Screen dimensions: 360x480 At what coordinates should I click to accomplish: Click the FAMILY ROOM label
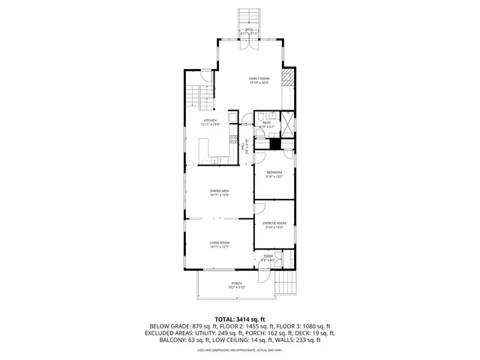[x=259, y=78]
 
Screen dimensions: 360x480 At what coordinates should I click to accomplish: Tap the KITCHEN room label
[x=211, y=121]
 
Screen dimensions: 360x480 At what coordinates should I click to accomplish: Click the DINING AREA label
[x=219, y=191]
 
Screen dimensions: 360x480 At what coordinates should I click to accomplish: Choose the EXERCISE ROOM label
[x=274, y=223]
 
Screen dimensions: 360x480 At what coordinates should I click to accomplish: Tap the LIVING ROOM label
[x=219, y=243]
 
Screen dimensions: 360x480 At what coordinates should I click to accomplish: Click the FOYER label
[x=268, y=257]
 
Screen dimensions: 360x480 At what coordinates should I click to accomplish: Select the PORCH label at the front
[x=236, y=283]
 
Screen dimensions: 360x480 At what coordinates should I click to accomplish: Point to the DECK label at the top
[x=248, y=30]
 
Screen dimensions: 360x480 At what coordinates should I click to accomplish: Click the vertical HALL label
[x=247, y=147]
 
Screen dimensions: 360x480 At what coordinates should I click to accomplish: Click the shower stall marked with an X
[x=286, y=121]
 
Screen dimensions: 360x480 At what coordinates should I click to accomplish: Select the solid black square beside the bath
[x=275, y=144]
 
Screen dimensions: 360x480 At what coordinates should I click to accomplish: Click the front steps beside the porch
[x=286, y=283]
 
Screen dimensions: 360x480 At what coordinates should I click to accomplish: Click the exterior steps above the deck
[x=248, y=17]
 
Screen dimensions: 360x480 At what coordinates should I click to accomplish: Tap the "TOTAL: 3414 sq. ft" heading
[x=240, y=319]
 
